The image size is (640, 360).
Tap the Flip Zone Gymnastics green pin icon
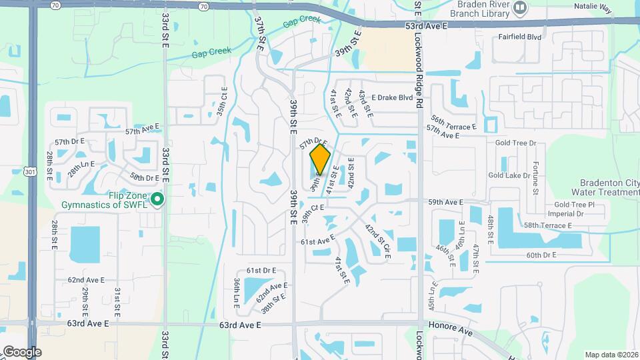[x=157, y=199]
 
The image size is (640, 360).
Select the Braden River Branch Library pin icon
[x=521, y=7]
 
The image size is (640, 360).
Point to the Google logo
[x=22, y=351]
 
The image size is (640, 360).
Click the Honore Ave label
[x=456, y=332]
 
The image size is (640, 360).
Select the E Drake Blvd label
[x=393, y=97]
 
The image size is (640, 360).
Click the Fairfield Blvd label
[x=520, y=38]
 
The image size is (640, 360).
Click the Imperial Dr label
[x=565, y=214]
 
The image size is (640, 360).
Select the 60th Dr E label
[x=541, y=255]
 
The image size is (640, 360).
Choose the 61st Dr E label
[x=261, y=271]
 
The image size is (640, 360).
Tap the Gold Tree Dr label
[x=516, y=143]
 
